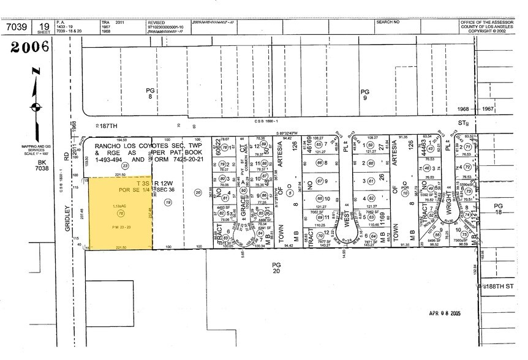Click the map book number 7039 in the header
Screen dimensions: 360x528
(x=17, y=28)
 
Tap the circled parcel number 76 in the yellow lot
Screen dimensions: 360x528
(x=121, y=213)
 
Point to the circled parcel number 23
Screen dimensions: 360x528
(x=125, y=165)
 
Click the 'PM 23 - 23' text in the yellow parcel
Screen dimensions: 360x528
(x=120, y=228)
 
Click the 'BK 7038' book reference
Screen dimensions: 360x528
(x=42, y=167)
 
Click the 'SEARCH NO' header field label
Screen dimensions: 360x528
(x=388, y=22)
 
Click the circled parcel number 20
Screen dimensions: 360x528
(x=197, y=192)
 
